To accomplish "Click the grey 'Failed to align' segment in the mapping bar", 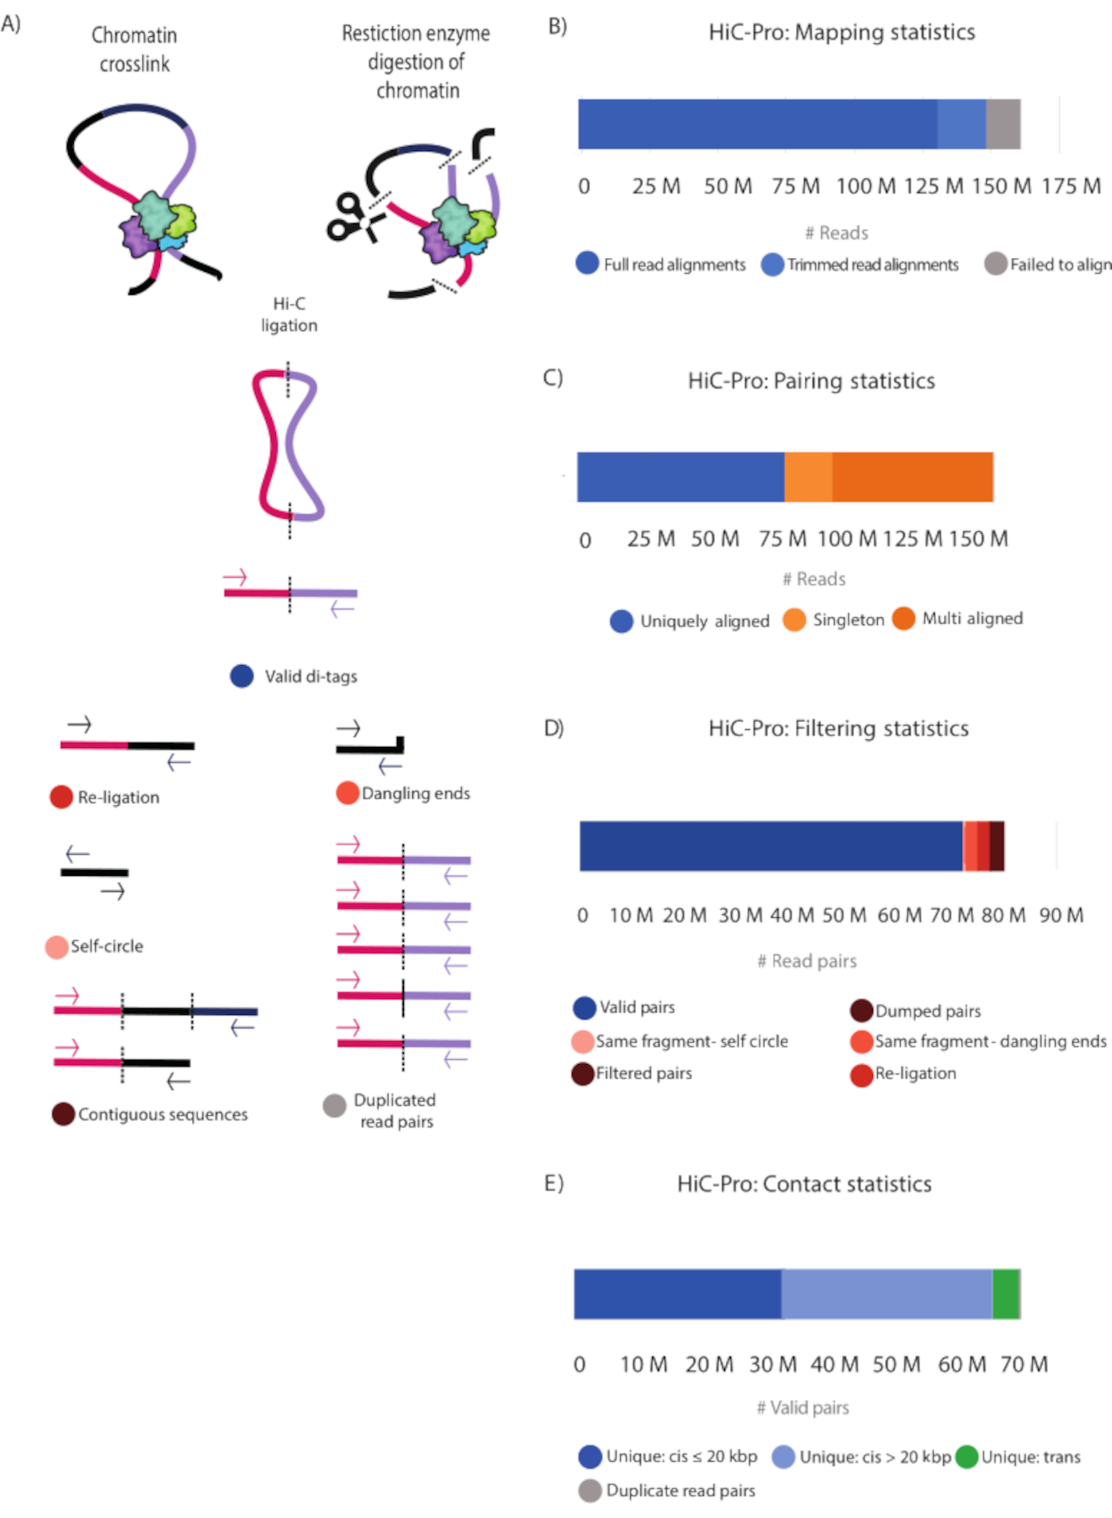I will point(1003,124).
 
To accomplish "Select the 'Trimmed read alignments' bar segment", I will point(961,124).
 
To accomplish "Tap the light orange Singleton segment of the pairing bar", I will point(808,477).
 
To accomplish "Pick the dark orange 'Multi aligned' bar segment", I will point(913,477).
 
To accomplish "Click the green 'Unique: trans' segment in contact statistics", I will point(1006,1293).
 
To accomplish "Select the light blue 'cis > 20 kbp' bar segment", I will point(886,1293).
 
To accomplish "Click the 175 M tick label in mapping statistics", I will point(1071,186).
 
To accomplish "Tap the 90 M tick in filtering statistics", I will point(1061,915).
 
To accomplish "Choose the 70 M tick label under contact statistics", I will point(1024,1364).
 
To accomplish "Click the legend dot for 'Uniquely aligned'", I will point(621,621).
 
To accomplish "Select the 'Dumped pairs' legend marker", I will point(862,1011).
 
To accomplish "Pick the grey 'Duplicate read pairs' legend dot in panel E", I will point(590,1490).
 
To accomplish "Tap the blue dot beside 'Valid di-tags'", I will point(242,676).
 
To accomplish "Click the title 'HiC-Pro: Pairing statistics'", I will point(811,381).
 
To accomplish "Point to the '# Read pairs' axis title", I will point(807,961).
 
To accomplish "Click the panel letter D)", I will point(553,728).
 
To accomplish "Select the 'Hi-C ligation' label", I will point(289,314).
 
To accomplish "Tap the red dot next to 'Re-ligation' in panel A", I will point(61,797).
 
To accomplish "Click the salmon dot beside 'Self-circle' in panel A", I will point(56,947).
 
